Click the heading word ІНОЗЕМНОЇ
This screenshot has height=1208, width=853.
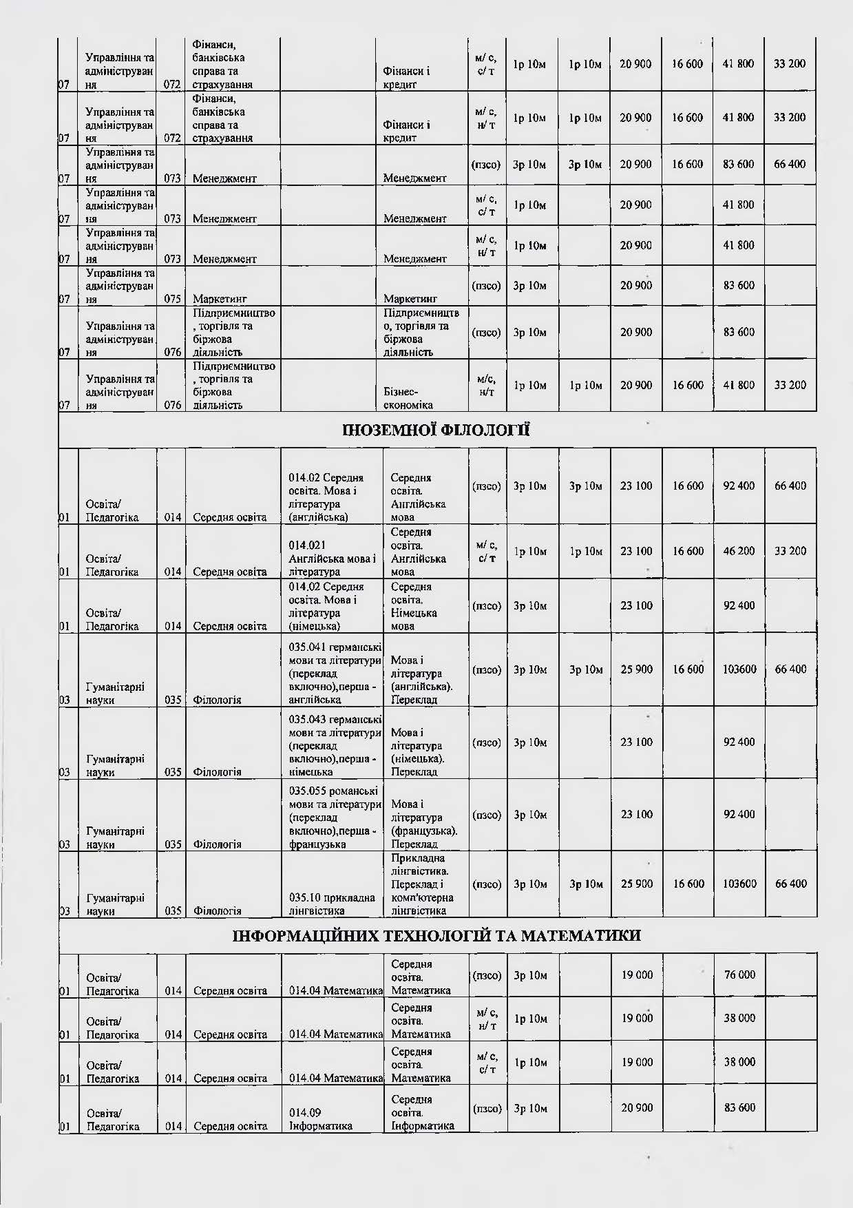point(390,431)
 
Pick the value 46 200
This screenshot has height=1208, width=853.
point(739,551)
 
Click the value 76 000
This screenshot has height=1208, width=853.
point(739,975)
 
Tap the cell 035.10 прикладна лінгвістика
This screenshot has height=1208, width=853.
point(332,904)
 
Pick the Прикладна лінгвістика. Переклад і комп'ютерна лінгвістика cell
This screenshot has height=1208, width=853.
point(422,884)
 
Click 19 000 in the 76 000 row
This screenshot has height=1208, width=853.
point(636,975)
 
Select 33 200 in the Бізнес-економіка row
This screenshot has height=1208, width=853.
point(790,385)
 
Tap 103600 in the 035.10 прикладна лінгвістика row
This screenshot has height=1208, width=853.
point(739,884)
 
